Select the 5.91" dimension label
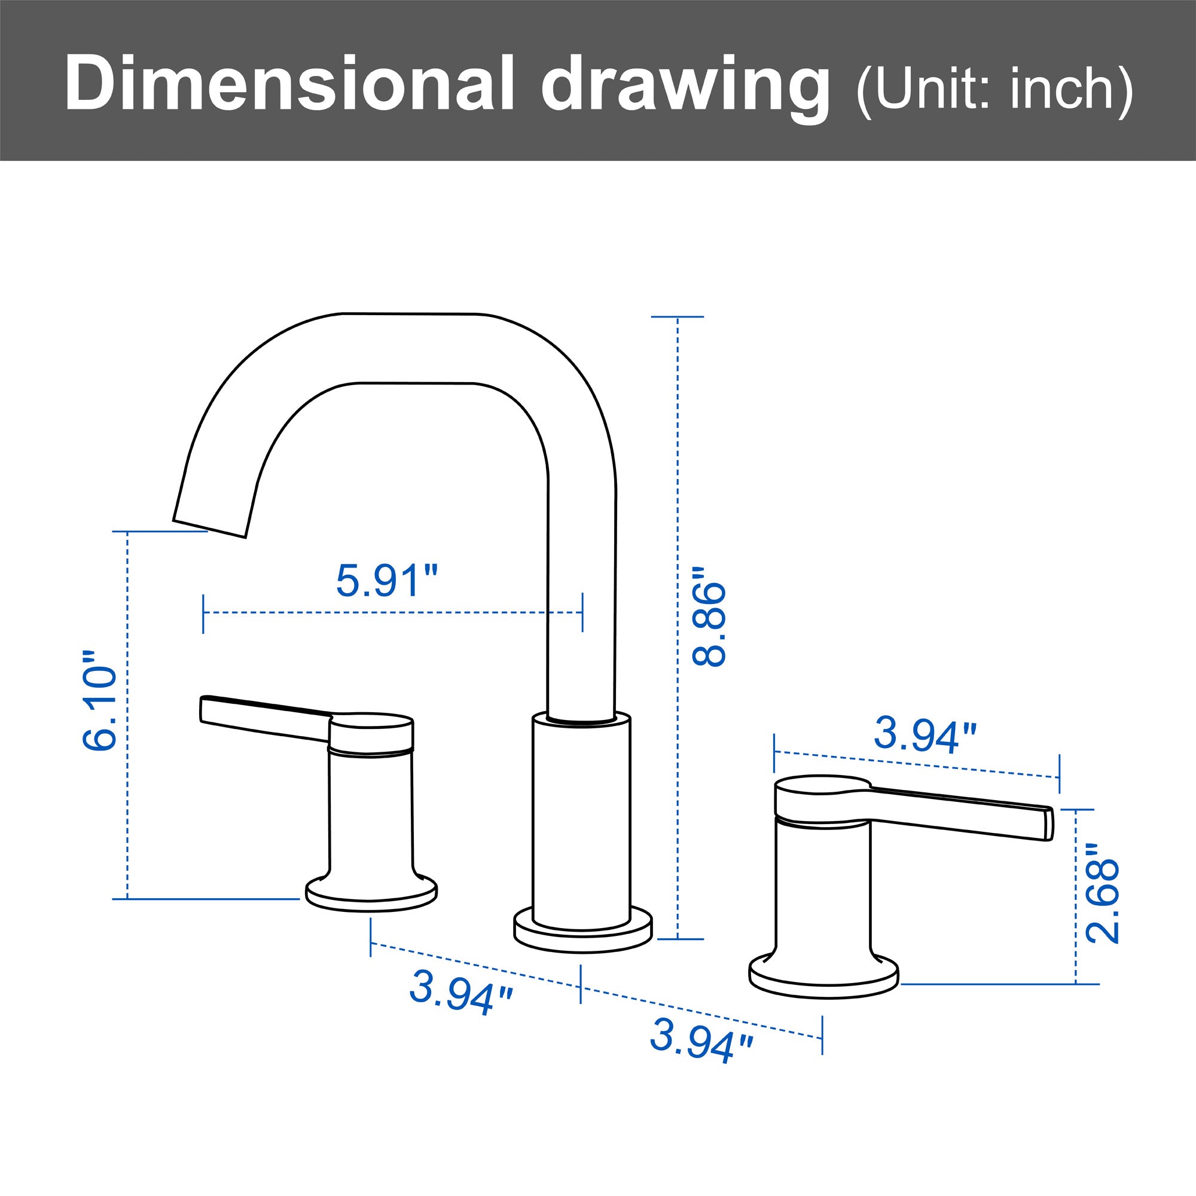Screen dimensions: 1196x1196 point(387,580)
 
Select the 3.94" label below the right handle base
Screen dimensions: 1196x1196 point(703,1045)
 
